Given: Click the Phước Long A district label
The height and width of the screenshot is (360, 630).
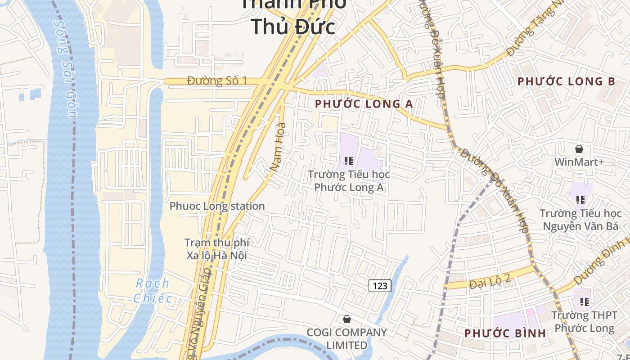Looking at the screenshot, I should tap(364, 104).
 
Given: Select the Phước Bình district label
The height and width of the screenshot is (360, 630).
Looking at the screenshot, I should tap(505, 333).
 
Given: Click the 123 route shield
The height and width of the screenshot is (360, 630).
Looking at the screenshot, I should tap(380, 285).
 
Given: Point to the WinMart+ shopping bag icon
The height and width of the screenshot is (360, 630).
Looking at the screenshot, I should tap(579, 149).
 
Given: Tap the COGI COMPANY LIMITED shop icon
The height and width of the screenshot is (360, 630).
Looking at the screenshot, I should tap(347, 319).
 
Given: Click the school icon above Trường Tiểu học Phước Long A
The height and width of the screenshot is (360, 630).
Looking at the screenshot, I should tap(348, 161).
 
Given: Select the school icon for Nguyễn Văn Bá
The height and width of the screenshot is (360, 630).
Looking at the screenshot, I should tap(580, 200).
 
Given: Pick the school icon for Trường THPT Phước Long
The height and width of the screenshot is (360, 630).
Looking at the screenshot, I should tap(584, 302).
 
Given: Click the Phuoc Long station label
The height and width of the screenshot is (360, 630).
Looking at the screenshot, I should tap(217, 206).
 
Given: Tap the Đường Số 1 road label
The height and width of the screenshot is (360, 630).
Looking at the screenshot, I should tap(217, 81).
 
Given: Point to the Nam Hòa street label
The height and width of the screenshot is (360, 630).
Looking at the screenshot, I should tap(278, 146).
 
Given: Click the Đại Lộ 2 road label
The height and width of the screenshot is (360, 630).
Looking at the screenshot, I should tap(490, 282).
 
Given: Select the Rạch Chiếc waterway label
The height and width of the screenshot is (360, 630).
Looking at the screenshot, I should tap(153, 291).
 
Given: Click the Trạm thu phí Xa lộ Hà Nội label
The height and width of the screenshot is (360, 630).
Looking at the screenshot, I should tap(217, 249).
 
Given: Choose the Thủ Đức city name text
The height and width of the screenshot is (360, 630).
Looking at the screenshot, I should tap(293, 26).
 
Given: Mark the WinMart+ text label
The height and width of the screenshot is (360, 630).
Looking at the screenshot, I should tap(579, 162).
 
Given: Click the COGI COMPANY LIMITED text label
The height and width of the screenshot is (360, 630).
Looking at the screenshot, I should tap(346, 338).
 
